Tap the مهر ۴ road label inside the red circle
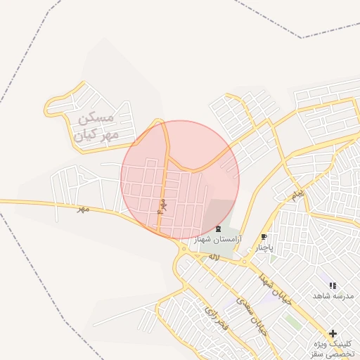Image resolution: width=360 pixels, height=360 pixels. click(x=161, y=206)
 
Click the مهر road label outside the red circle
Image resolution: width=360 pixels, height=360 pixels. click(x=84, y=209)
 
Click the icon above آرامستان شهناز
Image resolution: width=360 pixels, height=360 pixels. click(x=218, y=229)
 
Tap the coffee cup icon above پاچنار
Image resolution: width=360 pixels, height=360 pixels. click(x=264, y=237)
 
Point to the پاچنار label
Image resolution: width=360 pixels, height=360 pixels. click(x=263, y=247)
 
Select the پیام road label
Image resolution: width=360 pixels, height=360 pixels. click(x=298, y=193)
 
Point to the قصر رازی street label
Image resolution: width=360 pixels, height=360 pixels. click(x=213, y=316)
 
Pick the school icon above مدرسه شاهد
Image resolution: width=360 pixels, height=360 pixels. click(x=332, y=285)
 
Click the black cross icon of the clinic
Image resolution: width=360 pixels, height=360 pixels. click(x=332, y=333)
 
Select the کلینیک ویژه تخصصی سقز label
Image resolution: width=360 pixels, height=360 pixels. click(x=333, y=349)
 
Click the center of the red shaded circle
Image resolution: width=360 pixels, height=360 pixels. click(x=180, y=179)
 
